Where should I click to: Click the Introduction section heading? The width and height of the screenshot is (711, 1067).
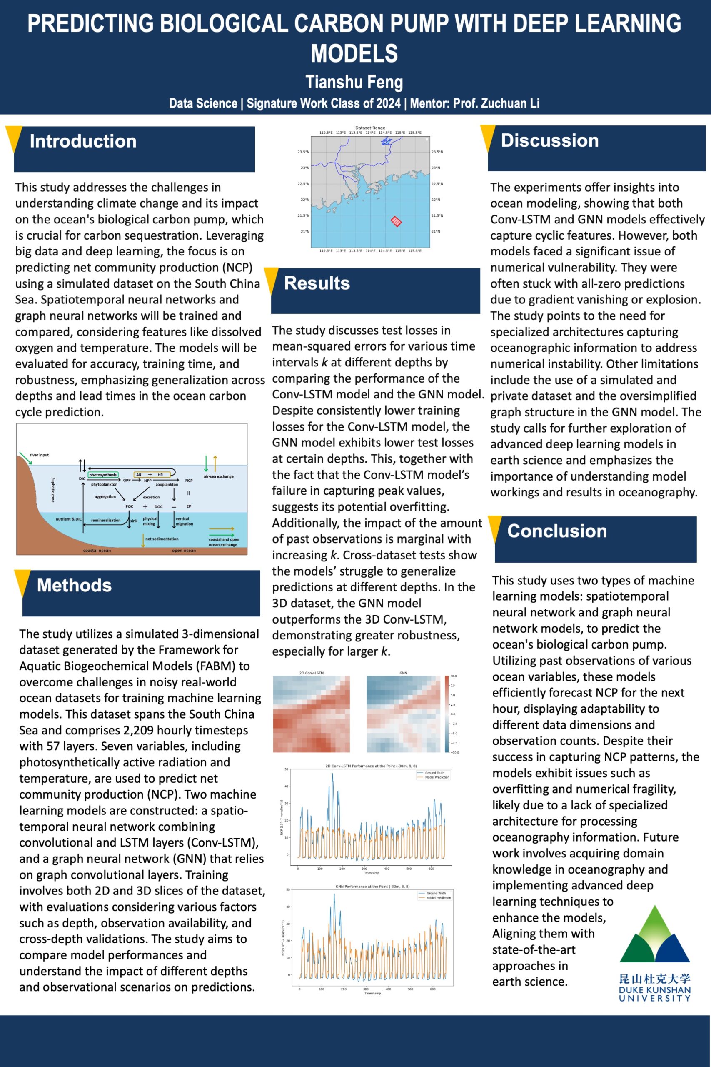pos(83,141)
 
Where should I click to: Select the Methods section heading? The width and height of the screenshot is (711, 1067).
pos(75,585)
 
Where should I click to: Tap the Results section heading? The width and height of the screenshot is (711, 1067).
pos(317,283)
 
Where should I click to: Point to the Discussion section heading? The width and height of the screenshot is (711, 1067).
pos(549,140)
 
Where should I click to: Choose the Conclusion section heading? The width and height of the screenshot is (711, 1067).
pos(557,531)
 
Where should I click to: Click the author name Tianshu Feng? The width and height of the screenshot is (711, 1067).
pos(354,82)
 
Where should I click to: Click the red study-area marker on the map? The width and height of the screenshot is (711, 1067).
pos(396,221)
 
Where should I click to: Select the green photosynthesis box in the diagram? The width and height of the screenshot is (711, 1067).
pos(103,475)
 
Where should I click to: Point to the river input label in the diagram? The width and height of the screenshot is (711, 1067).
pos(39,455)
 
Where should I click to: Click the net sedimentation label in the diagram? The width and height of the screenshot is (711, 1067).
pos(162,539)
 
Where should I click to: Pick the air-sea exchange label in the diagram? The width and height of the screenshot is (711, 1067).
pos(219,476)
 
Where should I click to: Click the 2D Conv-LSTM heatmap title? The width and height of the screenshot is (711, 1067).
pos(312,673)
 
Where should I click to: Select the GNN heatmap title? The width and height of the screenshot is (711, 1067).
pos(403,673)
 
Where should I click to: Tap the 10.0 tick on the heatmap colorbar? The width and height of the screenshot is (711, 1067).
pos(454,676)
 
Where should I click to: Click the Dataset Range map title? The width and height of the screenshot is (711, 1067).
pos(370,128)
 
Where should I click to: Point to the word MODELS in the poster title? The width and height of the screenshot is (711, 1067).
pos(354,53)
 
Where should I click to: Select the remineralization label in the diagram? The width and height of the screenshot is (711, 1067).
pos(106,520)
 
